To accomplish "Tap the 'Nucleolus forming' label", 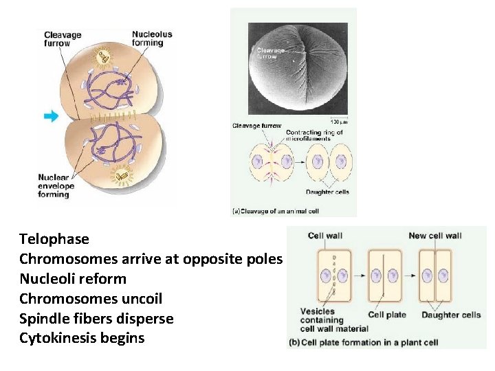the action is [152, 38].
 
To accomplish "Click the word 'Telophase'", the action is [54, 239].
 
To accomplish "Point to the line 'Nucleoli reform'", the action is [73, 278].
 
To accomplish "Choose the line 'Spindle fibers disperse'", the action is [96, 318].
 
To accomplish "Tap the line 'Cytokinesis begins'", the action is [82, 338].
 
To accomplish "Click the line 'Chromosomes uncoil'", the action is [91, 298].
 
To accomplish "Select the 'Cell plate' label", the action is [388, 315].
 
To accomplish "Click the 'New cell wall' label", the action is [435, 236].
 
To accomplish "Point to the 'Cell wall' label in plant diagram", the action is [325, 236].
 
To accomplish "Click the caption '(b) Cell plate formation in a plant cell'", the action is [369, 342].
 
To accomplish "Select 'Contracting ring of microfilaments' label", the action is [314, 135].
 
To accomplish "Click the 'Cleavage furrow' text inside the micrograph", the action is [269, 53].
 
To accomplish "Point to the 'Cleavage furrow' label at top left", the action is [63, 38].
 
